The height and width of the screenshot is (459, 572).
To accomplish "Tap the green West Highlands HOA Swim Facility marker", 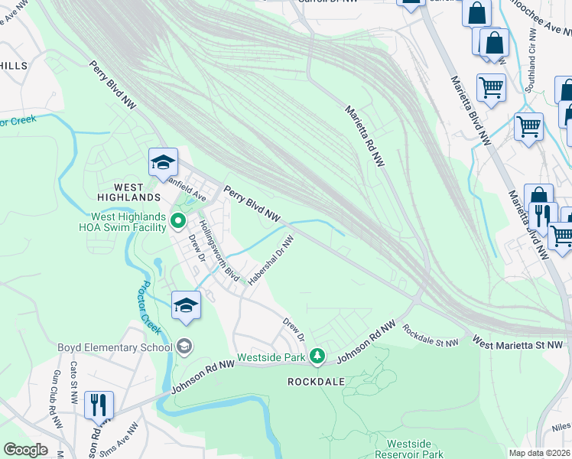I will click(x=178, y=222).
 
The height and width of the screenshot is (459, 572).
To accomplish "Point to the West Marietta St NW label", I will click(x=518, y=343).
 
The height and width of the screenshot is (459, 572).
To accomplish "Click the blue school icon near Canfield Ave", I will click(x=163, y=162).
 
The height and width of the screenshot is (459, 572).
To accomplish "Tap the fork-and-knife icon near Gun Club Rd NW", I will click(x=99, y=405).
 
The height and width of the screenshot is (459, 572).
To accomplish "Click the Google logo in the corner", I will click(x=24, y=450).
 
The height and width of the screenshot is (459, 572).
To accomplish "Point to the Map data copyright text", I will click(x=540, y=453).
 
